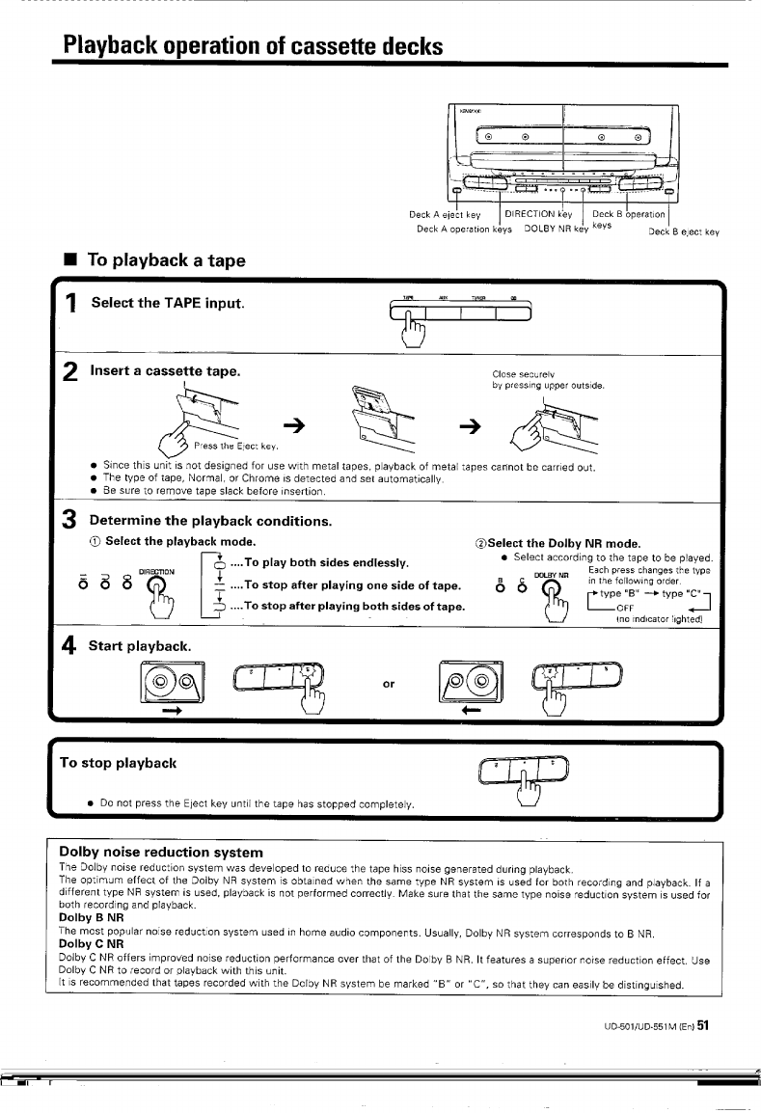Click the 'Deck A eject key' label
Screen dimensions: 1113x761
pos(446,214)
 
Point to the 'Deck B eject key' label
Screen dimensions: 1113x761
pos(684,231)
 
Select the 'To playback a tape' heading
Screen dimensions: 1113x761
pos(166,259)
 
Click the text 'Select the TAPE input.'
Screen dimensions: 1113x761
pos(167,304)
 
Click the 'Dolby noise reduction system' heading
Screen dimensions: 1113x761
pos(161,852)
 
